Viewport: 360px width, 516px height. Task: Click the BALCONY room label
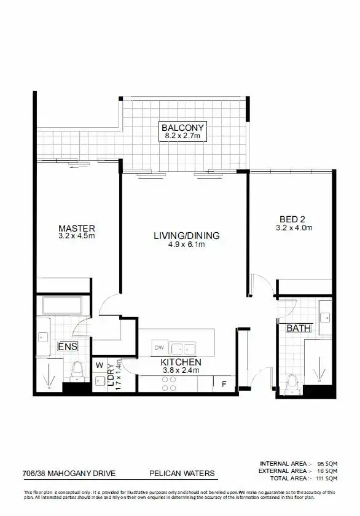pos(181,128)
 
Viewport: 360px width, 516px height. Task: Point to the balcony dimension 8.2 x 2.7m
pos(181,136)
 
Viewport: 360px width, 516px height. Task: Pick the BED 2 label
pos(292,219)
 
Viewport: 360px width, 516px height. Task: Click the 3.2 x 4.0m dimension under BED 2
pos(294,228)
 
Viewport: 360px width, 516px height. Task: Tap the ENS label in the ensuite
pos(68,347)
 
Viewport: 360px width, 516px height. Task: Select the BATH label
pos(299,329)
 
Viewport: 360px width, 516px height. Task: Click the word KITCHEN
pos(181,362)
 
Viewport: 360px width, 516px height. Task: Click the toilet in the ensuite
pos(78,372)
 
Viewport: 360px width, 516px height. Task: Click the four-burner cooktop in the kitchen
pos(169,384)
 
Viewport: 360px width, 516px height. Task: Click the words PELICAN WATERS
pos(182,473)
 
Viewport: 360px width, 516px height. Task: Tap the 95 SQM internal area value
pos(326,463)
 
